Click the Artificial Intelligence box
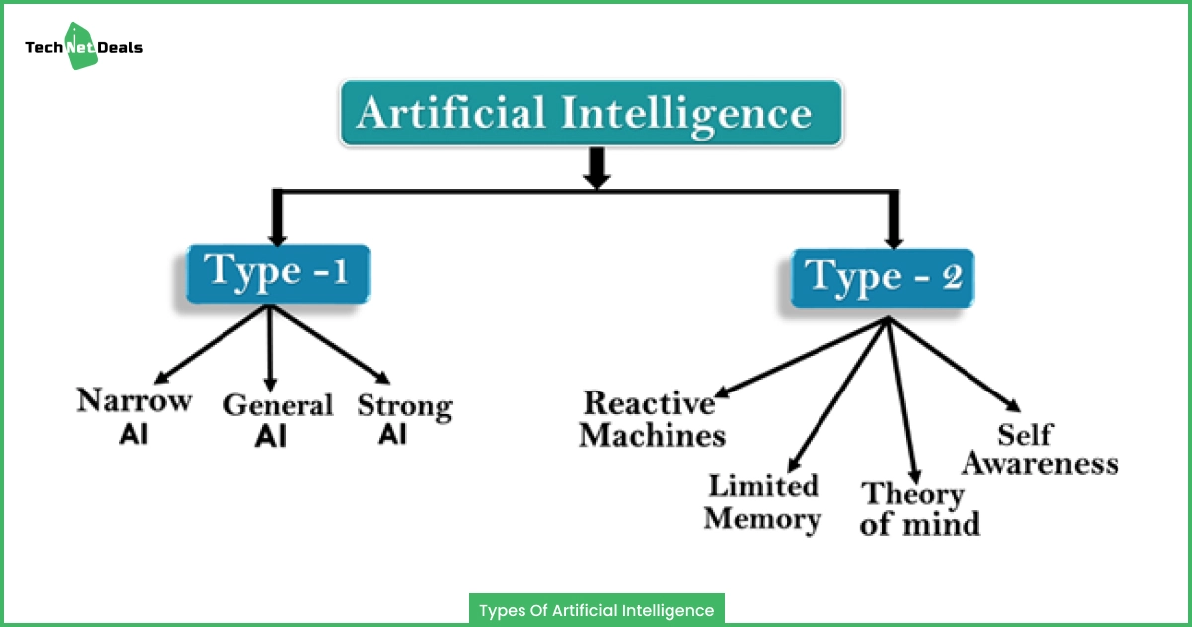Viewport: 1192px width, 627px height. tap(591, 113)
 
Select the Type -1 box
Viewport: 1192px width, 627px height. tap(278, 274)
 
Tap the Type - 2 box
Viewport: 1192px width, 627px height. tap(882, 278)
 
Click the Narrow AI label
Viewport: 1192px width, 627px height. tap(134, 415)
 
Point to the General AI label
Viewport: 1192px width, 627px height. tap(278, 420)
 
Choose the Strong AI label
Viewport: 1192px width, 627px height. tap(404, 419)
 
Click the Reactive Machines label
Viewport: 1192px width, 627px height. tap(653, 419)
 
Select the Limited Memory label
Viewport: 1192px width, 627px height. tap(763, 503)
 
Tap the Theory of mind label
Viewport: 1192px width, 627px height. tap(920, 509)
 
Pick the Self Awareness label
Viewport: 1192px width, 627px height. tap(1040, 450)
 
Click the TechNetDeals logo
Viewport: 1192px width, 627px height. tap(83, 47)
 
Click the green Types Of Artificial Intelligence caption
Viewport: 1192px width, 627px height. tap(597, 610)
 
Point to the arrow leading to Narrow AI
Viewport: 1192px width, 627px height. tap(212, 344)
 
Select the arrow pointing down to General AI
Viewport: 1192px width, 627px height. tap(270, 349)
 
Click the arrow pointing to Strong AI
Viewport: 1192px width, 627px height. tap(331, 344)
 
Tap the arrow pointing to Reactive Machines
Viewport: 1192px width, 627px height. tap(802, 358)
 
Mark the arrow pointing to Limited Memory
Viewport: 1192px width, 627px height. tap(838, 394)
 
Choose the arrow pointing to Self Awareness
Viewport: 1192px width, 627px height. tap(955, 365)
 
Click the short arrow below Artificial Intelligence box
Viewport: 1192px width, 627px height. tap(597, 168)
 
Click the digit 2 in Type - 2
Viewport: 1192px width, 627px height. tap(952, 277)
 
